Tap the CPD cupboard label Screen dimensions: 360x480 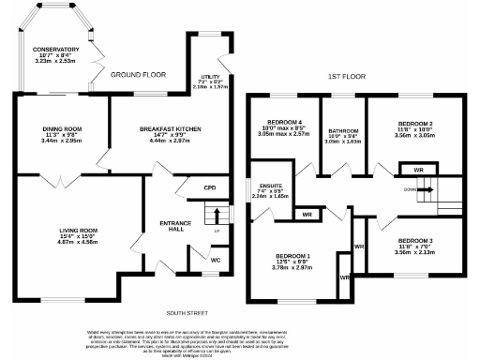click(209, 188)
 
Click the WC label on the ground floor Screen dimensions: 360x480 click(216, 260)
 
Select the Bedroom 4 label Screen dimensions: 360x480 click(283, 124)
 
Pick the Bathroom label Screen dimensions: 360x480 click(342, 131)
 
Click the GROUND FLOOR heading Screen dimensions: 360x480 click(138, 73)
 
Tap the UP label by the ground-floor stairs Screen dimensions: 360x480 click(217, 231)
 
